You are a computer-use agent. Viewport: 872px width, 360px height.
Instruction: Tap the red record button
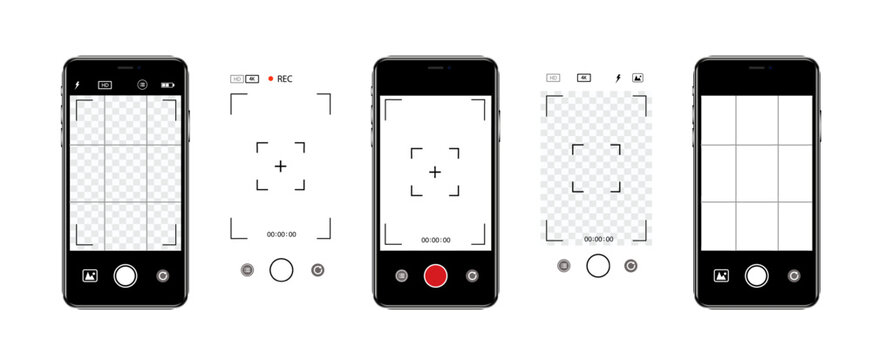435,275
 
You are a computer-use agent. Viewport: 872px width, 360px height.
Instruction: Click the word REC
285,78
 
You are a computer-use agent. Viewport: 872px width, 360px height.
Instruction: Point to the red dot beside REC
270,78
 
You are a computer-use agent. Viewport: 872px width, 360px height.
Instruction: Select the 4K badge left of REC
252,78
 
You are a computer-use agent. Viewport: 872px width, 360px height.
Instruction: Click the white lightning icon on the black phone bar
78,85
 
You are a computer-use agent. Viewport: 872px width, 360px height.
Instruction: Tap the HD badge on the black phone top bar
105,85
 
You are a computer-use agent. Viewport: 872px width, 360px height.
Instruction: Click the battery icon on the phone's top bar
167,85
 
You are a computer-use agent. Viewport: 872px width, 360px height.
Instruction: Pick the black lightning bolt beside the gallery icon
618,77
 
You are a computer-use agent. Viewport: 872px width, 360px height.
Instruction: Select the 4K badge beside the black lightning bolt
585,77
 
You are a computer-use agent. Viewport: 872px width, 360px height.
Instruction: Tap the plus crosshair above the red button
435,172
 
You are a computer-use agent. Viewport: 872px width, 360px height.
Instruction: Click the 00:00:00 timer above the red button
435,240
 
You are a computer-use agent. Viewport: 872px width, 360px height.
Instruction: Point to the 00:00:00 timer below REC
281,234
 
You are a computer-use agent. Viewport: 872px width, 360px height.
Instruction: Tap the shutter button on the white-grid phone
757,275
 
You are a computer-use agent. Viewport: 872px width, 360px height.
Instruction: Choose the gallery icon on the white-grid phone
721,275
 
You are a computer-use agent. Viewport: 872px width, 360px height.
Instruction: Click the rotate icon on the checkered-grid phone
163,275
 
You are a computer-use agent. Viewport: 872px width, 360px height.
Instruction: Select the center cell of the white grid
757,173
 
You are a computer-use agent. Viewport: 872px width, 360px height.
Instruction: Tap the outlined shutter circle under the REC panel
282,269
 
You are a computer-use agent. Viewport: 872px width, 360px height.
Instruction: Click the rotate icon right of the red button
472,275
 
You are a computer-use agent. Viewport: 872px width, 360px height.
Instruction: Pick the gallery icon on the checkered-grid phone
89,275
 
